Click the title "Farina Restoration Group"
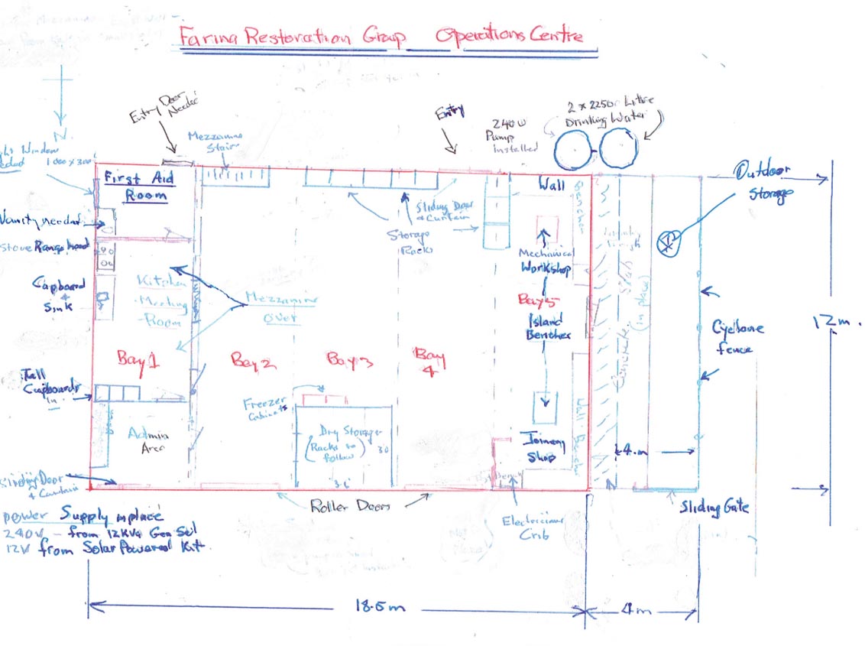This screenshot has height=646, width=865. [x=292, y=35]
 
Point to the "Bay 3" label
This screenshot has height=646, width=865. [x=348, y=358]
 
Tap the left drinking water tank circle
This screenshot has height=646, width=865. [x=576, y=150]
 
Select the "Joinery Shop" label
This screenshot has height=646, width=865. [x=542, y=448]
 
